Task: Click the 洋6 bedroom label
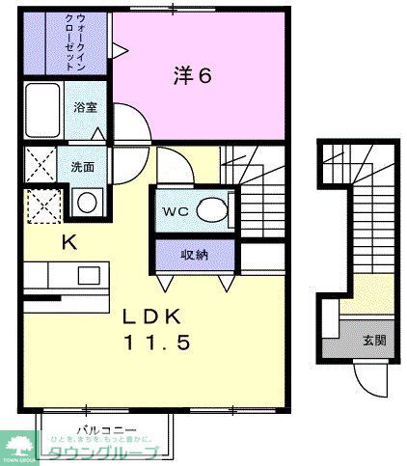tap(193, 74)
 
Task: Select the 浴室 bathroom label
tap(86, 107)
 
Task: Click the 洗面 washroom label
tap(83, 165)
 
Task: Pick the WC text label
tap(176, 210)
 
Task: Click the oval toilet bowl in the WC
tap(210, 209)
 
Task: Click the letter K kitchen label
tap(68, 241)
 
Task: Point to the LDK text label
tap(153, 315)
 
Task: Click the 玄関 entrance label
tap(373, 340)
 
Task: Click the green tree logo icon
tap(19, 446)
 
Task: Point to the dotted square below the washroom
tap(41, 205)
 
